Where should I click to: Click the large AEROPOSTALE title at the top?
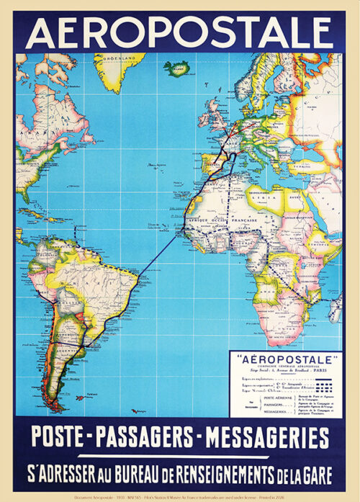pyautogui.click(x=179, y=32)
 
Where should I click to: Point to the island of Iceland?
pyautogui.click(x=176, y=68)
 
